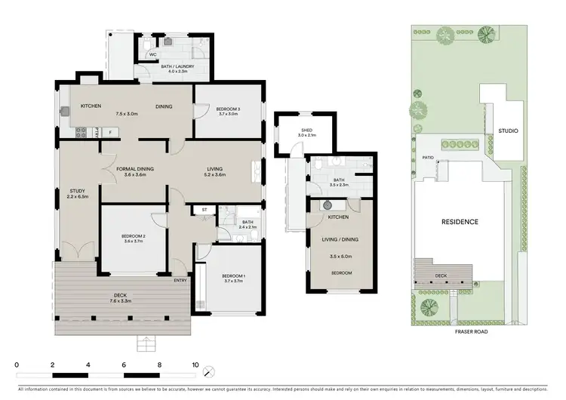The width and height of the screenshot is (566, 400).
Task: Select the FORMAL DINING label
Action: click(x=135, y=168)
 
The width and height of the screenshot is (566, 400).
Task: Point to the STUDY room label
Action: click(x=78, y=190)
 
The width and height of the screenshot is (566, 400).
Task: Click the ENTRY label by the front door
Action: click(x=180, y=281)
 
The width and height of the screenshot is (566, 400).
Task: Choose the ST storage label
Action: click(x=205, y=210)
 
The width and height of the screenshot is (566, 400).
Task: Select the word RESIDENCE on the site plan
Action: click(x=460, y=222)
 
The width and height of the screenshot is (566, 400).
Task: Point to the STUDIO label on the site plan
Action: click(x=508, y=131)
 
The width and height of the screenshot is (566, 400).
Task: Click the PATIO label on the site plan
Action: click(x=428, y=158)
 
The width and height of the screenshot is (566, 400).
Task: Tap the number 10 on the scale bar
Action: click(x=195, y=365)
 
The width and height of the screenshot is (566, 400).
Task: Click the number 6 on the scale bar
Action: click(x=124, y=365)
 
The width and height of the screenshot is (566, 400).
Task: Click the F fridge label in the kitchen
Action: click(x=110, y=132)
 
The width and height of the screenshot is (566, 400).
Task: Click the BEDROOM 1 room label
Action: click(x=232, y=276)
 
